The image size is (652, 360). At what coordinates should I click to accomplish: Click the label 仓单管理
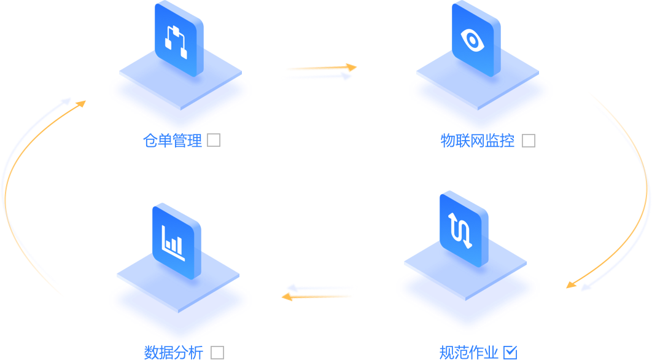173,141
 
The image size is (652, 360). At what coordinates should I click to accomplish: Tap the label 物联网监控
478,141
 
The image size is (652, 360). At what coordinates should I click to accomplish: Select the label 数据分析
174,353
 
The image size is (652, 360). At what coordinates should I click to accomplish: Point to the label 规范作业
468,353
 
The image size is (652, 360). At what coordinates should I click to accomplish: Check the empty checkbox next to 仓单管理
214,141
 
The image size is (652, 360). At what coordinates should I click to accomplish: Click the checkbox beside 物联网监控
528,141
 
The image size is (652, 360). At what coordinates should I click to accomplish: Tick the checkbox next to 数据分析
217,353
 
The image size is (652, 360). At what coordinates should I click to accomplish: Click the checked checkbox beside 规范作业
510,352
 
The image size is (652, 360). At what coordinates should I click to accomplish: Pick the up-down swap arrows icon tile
464,228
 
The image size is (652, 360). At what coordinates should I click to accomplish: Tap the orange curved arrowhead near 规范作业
572,284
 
